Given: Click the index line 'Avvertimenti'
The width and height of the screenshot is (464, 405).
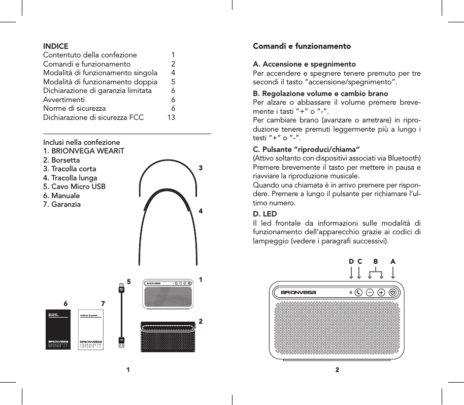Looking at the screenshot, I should tap(64, 100).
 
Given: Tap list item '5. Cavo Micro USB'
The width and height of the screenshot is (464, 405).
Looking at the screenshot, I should tap(75, 186).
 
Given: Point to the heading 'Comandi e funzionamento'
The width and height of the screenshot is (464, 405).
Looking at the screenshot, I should tap(302, 46).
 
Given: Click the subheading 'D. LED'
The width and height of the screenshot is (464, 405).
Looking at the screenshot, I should tap(265, 213).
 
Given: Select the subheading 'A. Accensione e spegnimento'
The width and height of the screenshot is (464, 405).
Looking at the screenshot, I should tap(304, 65).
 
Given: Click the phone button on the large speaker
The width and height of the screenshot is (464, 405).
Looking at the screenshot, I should tap(359, 292).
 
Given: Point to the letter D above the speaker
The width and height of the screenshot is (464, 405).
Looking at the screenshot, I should tap(351, 261).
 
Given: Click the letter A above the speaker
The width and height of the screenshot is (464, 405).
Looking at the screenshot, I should tap(393, 261).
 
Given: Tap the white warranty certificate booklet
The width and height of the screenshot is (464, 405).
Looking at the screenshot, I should tap(91, 331).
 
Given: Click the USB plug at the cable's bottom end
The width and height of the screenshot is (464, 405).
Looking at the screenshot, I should tap(121, 342).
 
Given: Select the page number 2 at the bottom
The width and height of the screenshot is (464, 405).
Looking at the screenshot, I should tap(337, 370).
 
